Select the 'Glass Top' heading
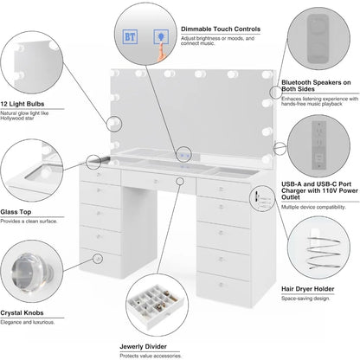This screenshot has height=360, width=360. point(17,210)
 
